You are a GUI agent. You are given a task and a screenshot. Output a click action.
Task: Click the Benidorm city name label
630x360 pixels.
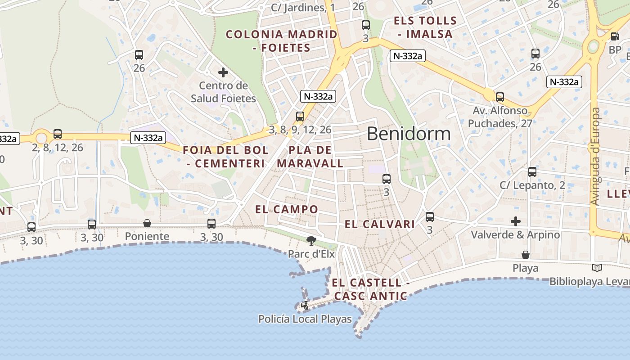click(409, 134)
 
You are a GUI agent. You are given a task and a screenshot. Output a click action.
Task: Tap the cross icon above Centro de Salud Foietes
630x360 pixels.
click(223, 72)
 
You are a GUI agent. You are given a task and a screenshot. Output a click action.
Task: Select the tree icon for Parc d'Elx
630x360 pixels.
click(310, 240)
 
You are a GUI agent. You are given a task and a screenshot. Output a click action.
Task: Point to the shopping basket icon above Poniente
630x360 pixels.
click(147, 223)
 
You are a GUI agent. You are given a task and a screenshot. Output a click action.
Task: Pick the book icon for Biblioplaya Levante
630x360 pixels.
click(597, 268)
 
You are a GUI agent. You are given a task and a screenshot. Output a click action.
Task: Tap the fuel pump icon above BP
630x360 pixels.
click(615, 36)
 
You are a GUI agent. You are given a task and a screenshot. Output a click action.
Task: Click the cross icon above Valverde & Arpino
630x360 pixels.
click(516, 221)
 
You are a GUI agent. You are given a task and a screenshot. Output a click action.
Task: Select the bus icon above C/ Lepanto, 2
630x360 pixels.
click(532, 171)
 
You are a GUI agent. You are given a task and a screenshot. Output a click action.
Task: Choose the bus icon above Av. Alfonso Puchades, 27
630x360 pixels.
click(499, 97)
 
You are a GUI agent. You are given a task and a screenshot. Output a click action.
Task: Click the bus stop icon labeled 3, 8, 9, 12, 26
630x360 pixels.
click(300, 117)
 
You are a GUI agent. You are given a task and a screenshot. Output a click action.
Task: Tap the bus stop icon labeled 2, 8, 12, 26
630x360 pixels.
click(58, 134)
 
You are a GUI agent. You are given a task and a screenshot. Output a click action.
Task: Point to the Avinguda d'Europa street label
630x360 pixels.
click(595, 156)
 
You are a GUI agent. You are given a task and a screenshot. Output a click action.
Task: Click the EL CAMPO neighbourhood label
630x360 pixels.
click(287, 209)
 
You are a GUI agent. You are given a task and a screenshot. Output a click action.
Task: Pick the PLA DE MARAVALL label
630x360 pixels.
click(310, 157)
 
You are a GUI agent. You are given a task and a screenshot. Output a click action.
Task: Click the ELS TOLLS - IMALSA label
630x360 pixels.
click(425, 27)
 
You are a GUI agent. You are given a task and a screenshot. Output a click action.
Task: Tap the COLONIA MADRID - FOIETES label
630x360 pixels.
click(282, 41)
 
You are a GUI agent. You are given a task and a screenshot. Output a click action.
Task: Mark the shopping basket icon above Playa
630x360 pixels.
click(525, 255)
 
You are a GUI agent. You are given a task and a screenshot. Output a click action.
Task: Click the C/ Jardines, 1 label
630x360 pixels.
click(303, 8)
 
